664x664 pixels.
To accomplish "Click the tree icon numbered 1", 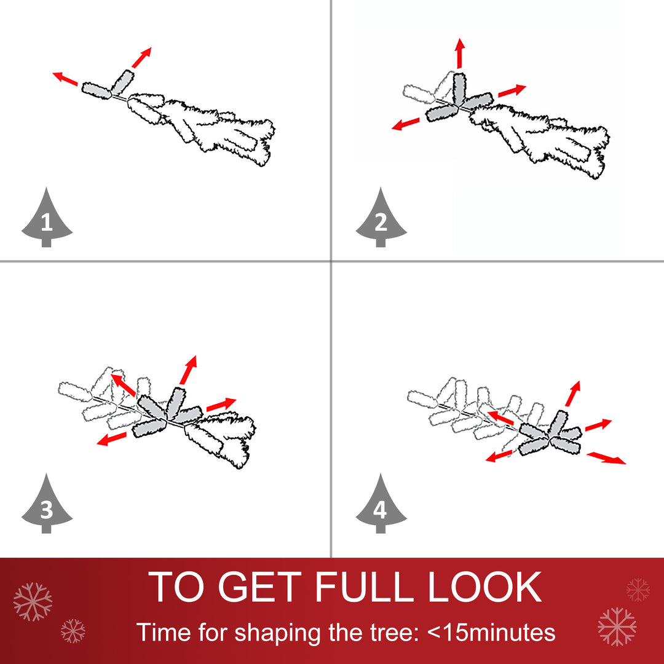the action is pyautogui.click(x=47, y=219).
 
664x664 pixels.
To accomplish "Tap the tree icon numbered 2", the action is pyautogui.click(x=381, y=219).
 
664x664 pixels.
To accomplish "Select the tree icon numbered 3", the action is pyautogui.click(x=47, y=505).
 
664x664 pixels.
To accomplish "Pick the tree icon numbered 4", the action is pyautogui.click(x=381, y=505).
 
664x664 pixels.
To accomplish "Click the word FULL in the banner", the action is pyautogui.click(x=364, y=587).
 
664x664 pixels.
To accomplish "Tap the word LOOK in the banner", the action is pyautogui.click(x=485, y=587).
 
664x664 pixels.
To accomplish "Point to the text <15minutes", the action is pyautogui.click(x=491, y=632).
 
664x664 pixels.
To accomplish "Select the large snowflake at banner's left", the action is pyautogui.click(x=33, y=601).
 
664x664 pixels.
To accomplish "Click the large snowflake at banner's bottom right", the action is pyautogui.click(x=617, y=626).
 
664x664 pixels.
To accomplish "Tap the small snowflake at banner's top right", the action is pyautogui.click(x=638, y=590).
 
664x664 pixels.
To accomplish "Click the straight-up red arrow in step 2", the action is pyautogui.click(x=460, y=53).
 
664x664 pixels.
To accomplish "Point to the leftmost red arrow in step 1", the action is pyautogui.click(x=65, y=79).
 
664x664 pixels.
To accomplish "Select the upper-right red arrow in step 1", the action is pyautogui.click(x=141, y=58).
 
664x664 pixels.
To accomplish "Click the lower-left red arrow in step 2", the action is pyautogui.click(x=406, y=124).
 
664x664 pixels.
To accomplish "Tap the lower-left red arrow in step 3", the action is pyautogui.click(x=111, y=439).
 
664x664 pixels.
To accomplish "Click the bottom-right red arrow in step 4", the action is pyautogui.click(x=606, y=458).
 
